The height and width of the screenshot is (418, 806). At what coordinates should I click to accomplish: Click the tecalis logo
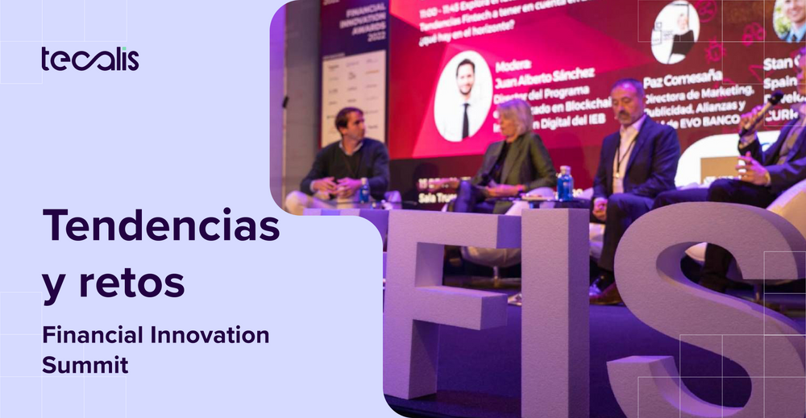[89, 60]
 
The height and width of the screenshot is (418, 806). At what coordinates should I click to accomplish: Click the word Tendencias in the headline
[160, 226]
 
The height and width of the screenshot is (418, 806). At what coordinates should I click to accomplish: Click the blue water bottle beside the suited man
[565, 183]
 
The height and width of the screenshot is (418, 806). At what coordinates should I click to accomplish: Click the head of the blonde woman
[515, 116]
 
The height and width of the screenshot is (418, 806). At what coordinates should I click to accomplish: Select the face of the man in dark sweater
[353, 125]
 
